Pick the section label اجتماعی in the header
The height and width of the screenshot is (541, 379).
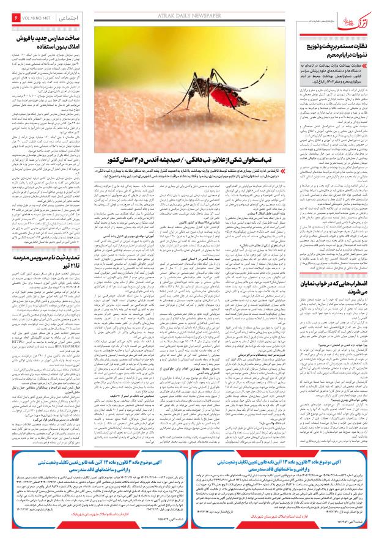[67, 21]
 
